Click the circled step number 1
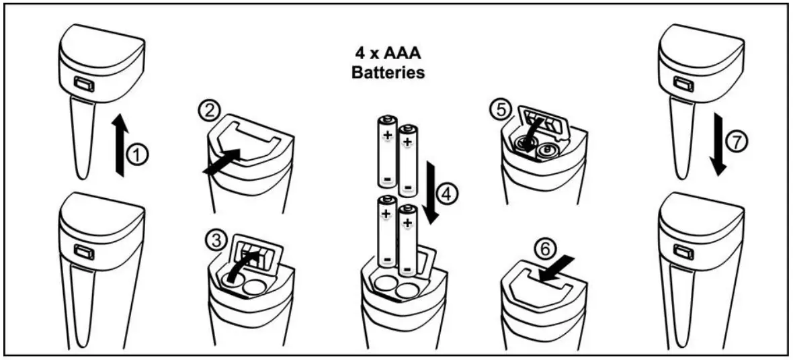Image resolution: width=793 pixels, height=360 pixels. (138, 155)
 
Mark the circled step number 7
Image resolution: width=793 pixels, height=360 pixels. (737, 142)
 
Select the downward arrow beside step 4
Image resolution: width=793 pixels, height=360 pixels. (430, 192)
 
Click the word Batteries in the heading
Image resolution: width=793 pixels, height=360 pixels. (388, 73)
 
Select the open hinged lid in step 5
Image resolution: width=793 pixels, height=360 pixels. (543, 122)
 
